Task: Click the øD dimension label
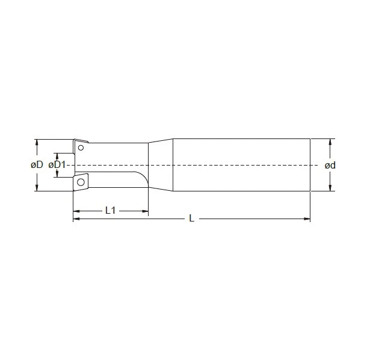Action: pyautogui.click(x=37, y=165)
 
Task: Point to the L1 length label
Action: pyautogui.click(x=110, y=210)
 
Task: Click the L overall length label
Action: pyautogui.click(x=191, y=219)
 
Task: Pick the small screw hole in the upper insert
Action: pyautogui.click(x=81, y=146)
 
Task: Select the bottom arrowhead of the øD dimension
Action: pyautogui.click(x=37, y=188)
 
